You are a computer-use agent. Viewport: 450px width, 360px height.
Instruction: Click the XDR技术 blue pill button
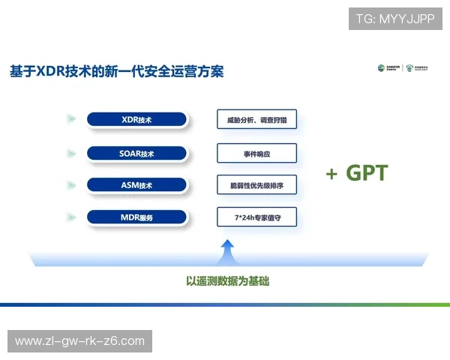click(x=136, y=120)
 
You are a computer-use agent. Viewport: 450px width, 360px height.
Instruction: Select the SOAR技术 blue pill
click(x=136, y=154)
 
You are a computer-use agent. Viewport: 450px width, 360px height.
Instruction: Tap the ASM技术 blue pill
click(x=136, y=185)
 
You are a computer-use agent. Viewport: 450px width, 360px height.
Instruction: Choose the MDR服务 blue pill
click(x=136, y=217)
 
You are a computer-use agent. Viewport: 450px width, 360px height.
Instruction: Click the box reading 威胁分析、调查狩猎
click(x=256, y=120)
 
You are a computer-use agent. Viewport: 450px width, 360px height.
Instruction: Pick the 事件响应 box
click(x=256, y=154)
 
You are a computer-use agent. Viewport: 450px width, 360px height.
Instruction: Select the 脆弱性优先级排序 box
click(x=256, y=185)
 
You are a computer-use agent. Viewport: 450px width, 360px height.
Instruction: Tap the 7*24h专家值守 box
click(x=256, y=217)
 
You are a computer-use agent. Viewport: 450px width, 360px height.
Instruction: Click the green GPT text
click(x=367, y=173)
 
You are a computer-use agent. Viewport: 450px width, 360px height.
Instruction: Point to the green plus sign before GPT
click(x=331, y=174)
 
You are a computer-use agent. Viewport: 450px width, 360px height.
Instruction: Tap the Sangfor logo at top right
click(x=389, y=68)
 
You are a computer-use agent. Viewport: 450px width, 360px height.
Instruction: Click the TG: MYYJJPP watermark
click(x=395, y=19)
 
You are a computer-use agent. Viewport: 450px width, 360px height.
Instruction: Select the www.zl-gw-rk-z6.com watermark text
click(x=79, y=341)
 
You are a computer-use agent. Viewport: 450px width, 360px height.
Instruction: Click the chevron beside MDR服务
click(x=70, y=217)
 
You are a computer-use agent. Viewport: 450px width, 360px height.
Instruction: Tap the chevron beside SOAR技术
click(x=70, y=154)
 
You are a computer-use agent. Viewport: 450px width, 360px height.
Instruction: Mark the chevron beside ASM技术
click(x=70, y=185)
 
